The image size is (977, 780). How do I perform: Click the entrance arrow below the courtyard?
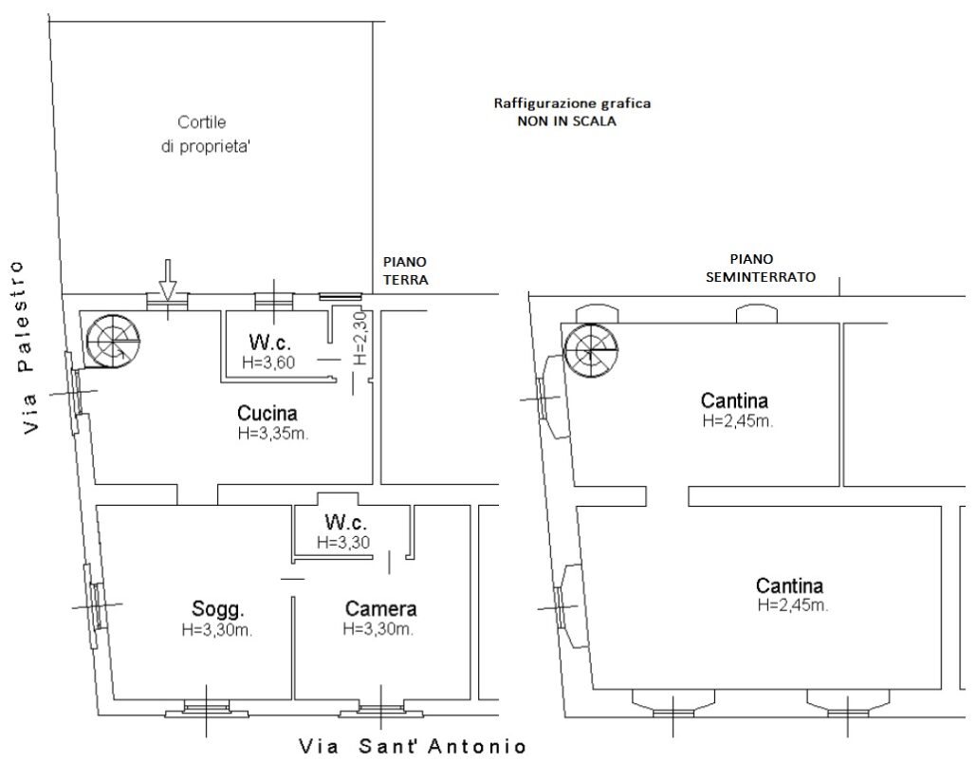[x=167, y=280]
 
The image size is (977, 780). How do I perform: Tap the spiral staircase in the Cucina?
[x=113, y=342]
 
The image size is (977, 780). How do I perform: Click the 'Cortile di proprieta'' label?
[x=204, y=134]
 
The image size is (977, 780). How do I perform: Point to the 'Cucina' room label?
[x=267, y=413]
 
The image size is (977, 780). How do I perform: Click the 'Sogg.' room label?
[x=217, y=608]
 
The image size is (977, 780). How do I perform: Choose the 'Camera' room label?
[x=380, y=608]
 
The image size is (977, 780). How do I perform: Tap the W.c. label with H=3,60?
[x=269, y=342]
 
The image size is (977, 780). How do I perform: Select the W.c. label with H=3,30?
[x=345, y=522]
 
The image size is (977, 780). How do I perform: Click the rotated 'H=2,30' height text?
[x=360, y=339]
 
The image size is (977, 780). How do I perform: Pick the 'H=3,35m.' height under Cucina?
[x=273, y=434]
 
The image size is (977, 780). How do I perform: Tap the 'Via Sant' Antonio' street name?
[x=413, y=746]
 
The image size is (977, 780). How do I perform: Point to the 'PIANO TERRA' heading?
[x=406, y=270]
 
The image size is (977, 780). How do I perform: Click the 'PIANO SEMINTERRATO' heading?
[x=760, y=269]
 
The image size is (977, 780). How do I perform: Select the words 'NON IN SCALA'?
[x=566, y=121]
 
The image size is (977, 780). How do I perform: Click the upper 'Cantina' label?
[x=734, y=400]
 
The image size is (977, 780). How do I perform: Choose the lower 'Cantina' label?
[x=789, y=585]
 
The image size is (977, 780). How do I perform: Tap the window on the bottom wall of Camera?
[x=380, y=709]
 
